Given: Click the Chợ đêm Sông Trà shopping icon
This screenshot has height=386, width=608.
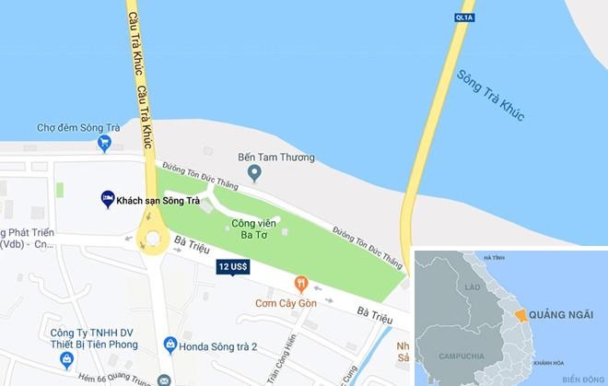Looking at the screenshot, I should [105, 143].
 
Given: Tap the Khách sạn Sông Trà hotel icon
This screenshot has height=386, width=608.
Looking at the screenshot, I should [108, 199].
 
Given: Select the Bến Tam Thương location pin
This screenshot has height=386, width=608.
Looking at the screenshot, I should [255, 172].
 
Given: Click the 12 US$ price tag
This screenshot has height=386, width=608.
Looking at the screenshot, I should [233, 267].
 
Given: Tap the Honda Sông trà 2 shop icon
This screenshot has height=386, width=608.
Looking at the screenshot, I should [170, 345].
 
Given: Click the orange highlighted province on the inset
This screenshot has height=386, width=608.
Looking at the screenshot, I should [522, 316].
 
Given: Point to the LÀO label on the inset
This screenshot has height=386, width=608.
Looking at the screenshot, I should [474, 287].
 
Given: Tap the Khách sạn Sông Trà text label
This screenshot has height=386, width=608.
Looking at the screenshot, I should [158, 200].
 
